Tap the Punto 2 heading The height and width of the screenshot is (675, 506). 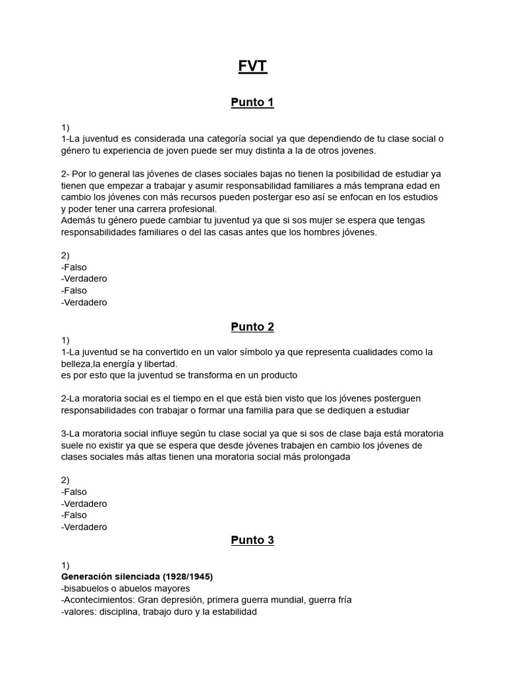point(252,327)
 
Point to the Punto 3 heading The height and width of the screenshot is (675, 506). point(252,541)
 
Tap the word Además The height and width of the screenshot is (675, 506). point(78,221)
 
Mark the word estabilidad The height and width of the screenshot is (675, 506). point(231,611)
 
